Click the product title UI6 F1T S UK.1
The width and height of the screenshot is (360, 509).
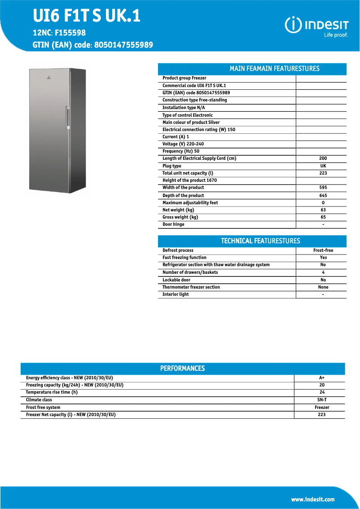pos(87,16)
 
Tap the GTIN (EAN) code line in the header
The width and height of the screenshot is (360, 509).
pos(93,45)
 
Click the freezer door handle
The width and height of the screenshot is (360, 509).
pos(67,118)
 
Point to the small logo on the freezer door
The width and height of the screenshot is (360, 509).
pos(48,81)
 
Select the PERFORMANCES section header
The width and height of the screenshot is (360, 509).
pos(183,369)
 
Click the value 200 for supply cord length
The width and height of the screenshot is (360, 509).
pos(323,158)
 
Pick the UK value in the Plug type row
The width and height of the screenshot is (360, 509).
pos(323,166)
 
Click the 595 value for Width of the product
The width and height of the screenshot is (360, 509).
pos(323,188)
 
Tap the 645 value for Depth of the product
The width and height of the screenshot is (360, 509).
pos(323,195)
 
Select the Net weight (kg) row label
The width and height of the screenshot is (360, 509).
pos(178,210)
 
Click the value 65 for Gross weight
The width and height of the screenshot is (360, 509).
pos(323,217)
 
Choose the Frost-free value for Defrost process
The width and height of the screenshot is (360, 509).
pos(323,250)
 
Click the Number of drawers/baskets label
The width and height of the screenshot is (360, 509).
pos(190,272)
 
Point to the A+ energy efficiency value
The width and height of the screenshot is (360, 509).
pos(321,378)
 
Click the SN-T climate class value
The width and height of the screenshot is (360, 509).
pos(321,399)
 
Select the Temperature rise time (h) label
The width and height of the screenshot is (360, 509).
pos(52,392)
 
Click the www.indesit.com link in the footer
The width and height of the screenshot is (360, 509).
pos(313,499)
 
